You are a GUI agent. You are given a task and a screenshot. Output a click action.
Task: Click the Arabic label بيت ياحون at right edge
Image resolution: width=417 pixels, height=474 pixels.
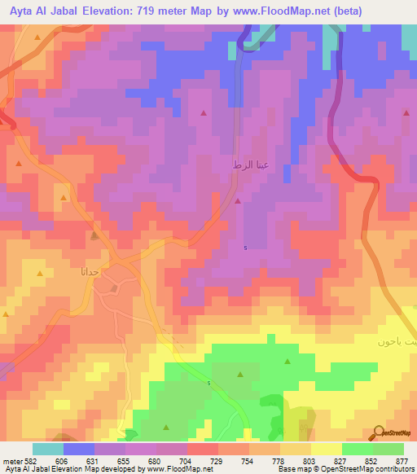click(398, 342)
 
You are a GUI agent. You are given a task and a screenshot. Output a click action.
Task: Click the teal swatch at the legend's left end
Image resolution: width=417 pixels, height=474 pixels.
click(47, 449)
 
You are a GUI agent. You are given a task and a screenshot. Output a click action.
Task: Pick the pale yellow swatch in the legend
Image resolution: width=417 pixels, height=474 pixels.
click(326, 449)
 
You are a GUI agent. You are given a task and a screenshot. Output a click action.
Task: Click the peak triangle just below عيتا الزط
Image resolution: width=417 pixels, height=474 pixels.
click(238, 200)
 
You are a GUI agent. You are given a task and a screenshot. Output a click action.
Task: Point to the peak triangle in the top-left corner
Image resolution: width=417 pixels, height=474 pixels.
click(37, 37)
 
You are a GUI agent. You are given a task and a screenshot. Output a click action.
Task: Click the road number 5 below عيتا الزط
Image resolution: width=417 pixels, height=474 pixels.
click(246, 248)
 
